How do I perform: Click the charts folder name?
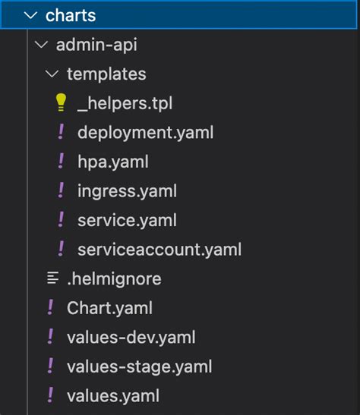point(71,15)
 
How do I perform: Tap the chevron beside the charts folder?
point(30,16)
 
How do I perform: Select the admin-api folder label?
point(96,45)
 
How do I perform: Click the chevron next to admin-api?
point(41,46)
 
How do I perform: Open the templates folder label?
point(106,74)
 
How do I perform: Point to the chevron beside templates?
point(52,74)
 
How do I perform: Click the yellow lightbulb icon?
point(62,103)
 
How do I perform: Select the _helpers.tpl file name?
point(130,104)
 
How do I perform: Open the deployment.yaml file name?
point(145,133)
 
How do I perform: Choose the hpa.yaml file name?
point(112,162)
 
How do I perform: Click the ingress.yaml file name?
point(127,191)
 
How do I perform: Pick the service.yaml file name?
point(127,220)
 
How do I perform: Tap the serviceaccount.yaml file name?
point(159,249)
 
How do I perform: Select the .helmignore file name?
point(114,278)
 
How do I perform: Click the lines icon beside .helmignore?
point(52,278)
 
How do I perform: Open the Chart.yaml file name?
point(109,308)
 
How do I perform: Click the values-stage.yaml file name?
point(139,366)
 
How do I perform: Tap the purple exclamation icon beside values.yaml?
point(51,395)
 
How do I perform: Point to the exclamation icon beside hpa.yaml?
point(62,162)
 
